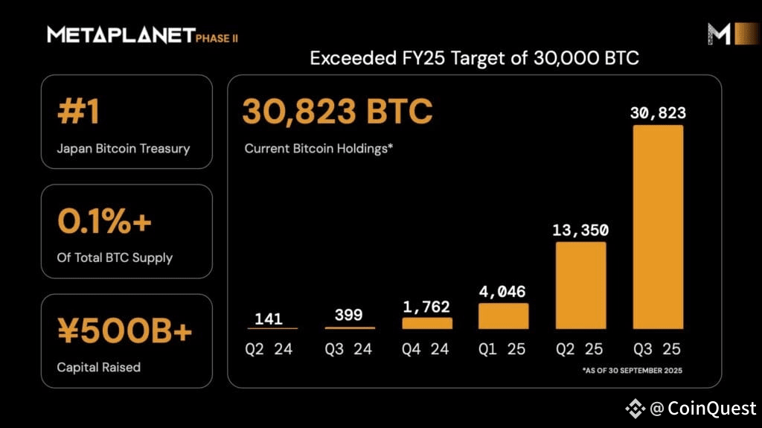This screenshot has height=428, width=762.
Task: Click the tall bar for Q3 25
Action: (658, 226)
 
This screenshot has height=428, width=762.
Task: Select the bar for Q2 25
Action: (580, 285)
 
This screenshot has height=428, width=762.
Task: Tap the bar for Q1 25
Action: (503, 316)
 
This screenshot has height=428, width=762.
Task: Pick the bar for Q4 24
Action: (426, 323)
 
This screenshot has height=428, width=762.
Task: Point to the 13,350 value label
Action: (580, 229)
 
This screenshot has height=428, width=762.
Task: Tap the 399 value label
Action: (349, 315)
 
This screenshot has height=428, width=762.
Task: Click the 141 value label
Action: (269, 319)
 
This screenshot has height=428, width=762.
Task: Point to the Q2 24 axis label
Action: (269, 349)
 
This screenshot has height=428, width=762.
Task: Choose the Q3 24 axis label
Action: (349, 349)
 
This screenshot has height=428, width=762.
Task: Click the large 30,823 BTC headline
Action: (337, 112)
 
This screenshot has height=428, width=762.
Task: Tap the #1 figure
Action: (78, 113)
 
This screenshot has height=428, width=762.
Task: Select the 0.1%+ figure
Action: (103, 222)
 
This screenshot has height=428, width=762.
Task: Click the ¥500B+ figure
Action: (125, 332)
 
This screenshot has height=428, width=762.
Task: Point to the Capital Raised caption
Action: (98, 367)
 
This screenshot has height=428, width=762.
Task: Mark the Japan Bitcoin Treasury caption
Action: (123, 148)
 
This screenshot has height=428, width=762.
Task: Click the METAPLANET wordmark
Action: (121, 34)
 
